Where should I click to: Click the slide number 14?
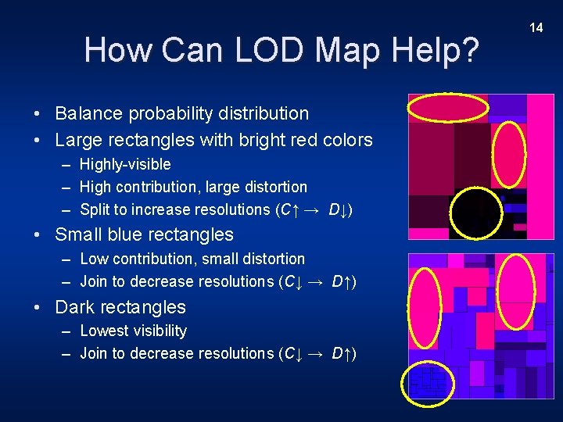click(x=536, y=27)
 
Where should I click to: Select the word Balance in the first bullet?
click(x=88, y=113)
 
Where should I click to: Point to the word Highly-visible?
click(x=125, y=164)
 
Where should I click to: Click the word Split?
click(x=95, y=209)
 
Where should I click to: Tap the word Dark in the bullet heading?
click(x=76, y=307)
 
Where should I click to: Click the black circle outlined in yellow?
click(x=477, y=213)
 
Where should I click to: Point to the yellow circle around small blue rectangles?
click(x=427, y=383)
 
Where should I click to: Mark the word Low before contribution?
click(x=94, y=259)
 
